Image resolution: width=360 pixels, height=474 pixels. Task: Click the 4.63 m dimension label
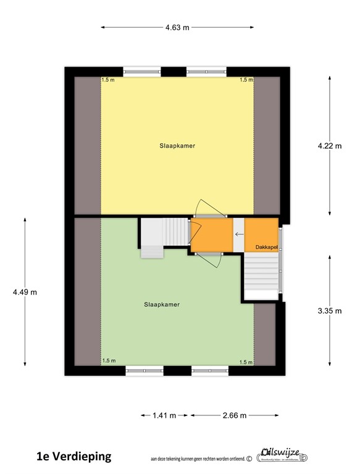pos(177,27)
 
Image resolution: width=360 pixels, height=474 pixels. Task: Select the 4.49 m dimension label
pos(25,292)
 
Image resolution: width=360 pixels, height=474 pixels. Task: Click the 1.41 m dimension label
pos(164,415)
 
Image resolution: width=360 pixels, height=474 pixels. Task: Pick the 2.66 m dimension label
pos(235,415)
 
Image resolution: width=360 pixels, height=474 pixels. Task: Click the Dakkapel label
pos(266,247)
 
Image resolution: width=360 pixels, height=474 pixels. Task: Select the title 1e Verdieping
pos(73,457)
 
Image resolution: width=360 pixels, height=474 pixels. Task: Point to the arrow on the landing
pos(238,234)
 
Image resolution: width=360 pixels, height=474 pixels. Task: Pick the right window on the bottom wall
pos(209,371)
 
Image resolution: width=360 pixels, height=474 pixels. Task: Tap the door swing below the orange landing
pos(214,259)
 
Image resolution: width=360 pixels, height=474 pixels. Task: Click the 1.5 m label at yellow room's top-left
pos(108,80)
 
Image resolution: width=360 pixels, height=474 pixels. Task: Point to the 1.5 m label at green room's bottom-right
pos(246,362)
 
